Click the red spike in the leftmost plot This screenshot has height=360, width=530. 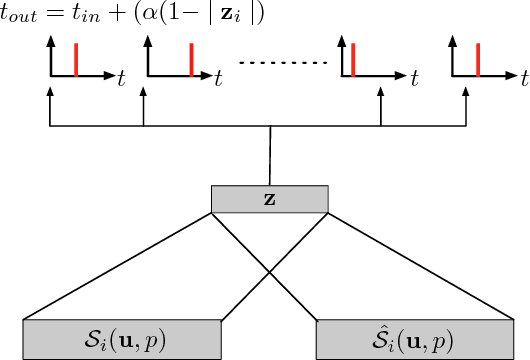[x=77, y=60]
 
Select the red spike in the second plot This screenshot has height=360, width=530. [x=191, y=60]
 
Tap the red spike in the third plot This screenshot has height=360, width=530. [x=351, y=60]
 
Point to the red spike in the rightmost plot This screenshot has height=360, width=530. [x=479, y=60]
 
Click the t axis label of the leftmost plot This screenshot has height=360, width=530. [x=121, y=75]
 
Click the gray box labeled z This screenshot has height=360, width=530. [x=269, y=198]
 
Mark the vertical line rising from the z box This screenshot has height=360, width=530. [x=269, y=155]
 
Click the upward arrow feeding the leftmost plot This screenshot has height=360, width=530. [x=50, y=105]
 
